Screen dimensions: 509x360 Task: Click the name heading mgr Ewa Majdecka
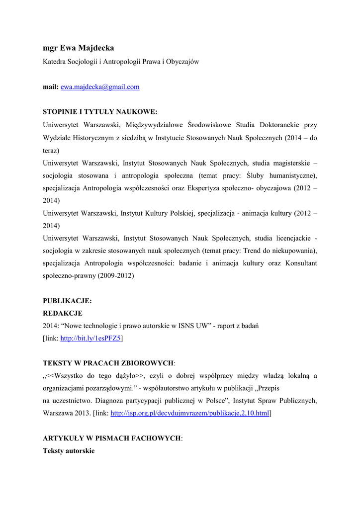pos(78,48)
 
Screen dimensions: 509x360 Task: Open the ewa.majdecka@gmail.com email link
pos(100,87)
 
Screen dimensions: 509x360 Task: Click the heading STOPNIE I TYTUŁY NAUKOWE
pos(100,112)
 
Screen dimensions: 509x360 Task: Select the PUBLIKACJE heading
pos(67,301)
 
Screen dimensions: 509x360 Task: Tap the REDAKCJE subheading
pos(63,313)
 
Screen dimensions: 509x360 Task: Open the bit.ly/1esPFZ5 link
pos(90,339)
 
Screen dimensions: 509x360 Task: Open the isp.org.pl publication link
pos(189,413)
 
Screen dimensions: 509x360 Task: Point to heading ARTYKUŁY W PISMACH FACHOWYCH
pos(112,438)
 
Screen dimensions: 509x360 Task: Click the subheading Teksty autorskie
pos(69,450)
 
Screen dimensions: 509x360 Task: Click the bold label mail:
pos(51,87)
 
